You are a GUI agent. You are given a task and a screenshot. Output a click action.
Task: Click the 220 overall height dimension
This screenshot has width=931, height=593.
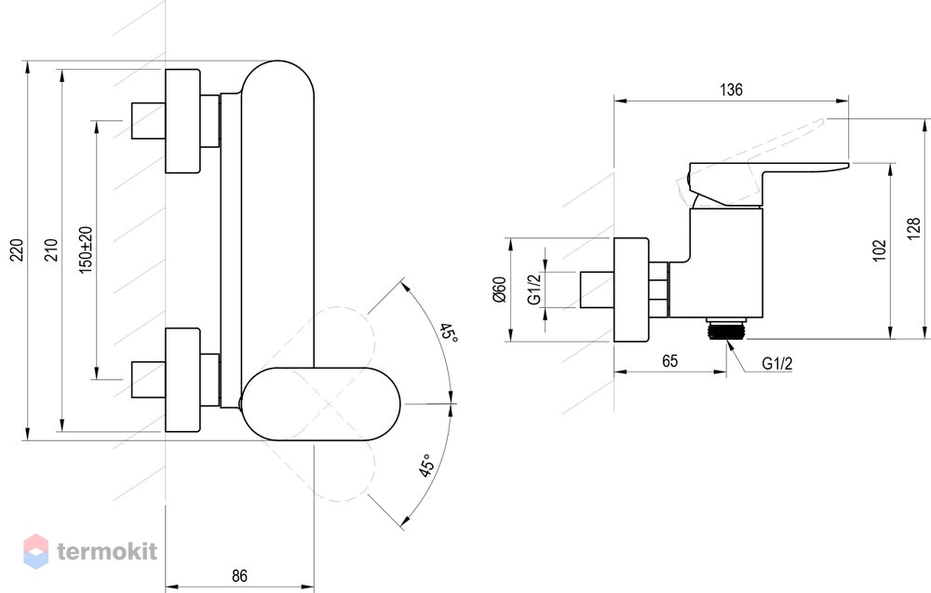[17, 249]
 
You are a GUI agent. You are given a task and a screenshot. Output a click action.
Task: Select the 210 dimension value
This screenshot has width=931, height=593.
[51, 249]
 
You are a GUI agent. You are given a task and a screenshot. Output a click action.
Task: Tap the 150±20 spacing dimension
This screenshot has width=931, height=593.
[86, 249]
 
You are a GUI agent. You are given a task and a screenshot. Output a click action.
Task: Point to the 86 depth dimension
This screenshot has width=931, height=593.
[239, 575]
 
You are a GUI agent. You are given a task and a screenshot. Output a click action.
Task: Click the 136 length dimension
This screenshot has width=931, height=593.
[731, 89]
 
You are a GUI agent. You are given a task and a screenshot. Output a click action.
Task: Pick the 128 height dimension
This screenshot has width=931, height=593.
[914, 229]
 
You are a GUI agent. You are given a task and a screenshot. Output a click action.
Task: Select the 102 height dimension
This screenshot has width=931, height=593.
[880, 249]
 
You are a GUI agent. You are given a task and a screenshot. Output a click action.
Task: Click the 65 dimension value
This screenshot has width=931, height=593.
[669, 361]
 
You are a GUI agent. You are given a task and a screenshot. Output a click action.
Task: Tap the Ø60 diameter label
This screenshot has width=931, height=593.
[500, 290]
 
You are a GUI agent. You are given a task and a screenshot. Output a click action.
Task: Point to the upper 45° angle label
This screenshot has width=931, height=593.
[449, 333]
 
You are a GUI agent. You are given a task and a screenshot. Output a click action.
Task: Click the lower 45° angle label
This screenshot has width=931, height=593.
[426, 465]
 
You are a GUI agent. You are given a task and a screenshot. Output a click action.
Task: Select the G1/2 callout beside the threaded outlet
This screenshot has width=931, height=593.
[776, 363]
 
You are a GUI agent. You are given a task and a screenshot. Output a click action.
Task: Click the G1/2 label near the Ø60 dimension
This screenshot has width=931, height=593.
[535, 290]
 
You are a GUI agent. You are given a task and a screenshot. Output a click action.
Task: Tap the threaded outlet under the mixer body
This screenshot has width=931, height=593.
[725, 329]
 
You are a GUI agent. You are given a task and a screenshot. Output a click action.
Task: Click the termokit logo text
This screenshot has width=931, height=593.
[107, 551]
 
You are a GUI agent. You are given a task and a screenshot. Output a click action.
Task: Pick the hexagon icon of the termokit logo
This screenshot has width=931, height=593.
[35, 551]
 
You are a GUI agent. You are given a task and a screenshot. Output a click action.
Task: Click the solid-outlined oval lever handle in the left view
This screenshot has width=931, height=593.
[320, 404]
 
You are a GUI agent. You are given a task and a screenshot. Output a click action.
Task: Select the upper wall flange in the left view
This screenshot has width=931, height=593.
[182, 121]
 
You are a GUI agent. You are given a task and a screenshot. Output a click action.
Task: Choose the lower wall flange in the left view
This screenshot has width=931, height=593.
[182, 380]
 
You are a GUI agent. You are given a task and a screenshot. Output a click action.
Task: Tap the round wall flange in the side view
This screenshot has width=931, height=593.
[631, 290]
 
